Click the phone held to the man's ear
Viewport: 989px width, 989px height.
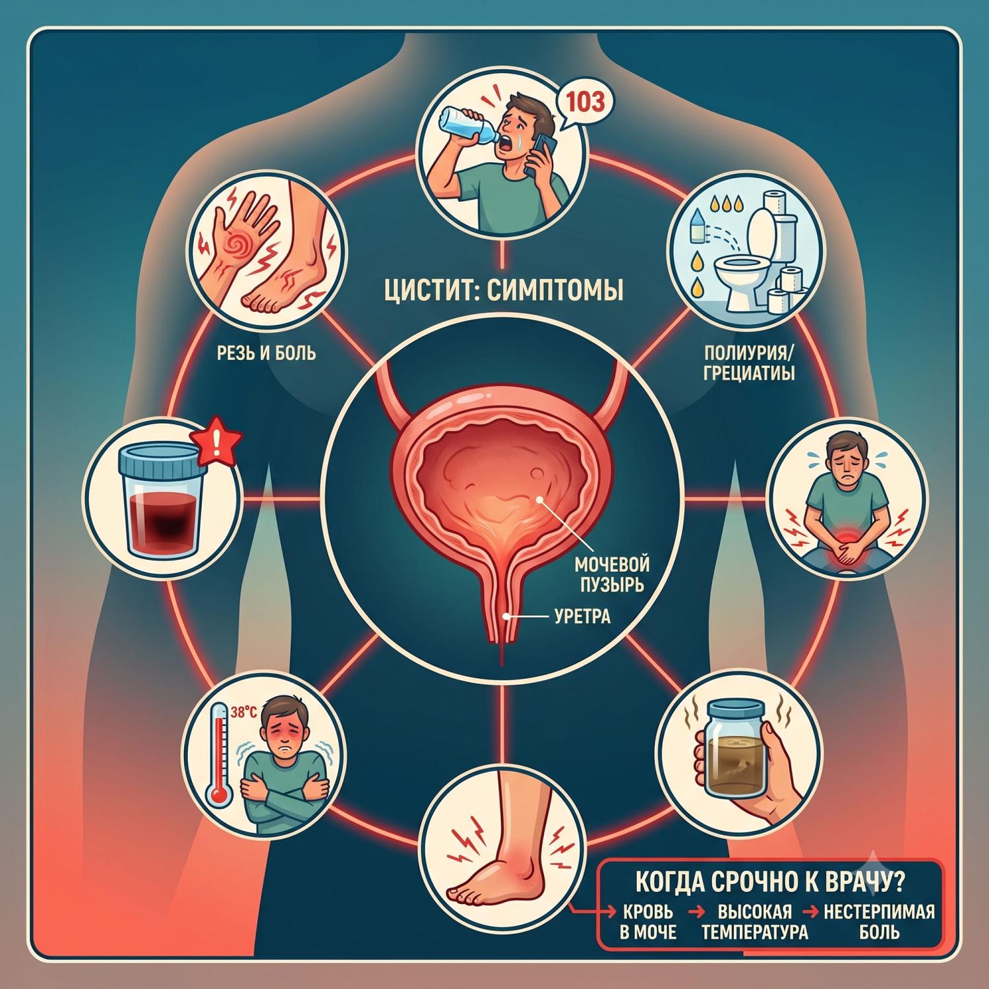[x=542, y=153]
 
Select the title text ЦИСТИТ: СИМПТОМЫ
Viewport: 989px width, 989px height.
[x=504, y=290]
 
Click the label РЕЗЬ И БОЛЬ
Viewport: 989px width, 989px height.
[x=266, y=353]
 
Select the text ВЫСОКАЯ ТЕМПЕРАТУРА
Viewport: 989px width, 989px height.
[x=754, y=922]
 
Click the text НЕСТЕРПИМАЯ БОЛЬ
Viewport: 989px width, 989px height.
[x=880, y=922]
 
